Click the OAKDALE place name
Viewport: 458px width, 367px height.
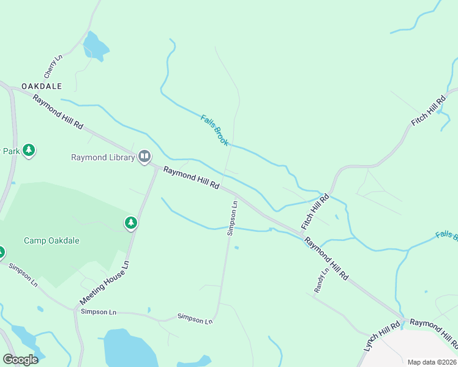pos(42,86)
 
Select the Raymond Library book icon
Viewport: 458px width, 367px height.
pos(145,157)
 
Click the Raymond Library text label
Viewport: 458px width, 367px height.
pos(103,157)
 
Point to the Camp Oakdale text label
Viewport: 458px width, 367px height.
pos(51,240)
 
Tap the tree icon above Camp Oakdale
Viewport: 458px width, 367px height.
pos(130,223)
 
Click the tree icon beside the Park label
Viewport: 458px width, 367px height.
pos(29,150)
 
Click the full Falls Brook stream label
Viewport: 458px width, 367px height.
pos(214,130)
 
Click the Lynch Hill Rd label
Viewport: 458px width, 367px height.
pos(381,336)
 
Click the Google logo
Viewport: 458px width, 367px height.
pos(20,360)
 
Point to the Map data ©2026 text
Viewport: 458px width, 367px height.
pos(432,362)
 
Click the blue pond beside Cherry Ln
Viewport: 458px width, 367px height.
pos(96,46)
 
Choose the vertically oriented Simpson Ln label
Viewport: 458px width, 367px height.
pos(232,218)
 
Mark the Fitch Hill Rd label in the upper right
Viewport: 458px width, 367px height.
pos(429,111)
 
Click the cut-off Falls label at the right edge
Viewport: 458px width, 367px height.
pos(446,235)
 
